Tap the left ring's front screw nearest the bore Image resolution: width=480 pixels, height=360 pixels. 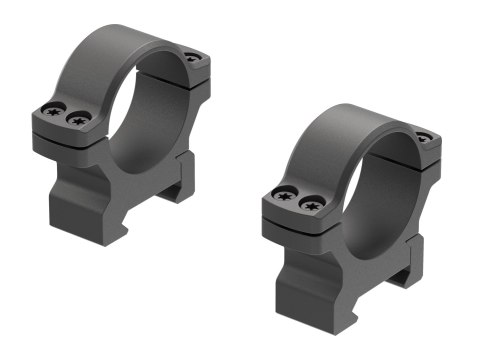78,119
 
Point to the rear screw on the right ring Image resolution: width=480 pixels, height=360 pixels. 423,136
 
